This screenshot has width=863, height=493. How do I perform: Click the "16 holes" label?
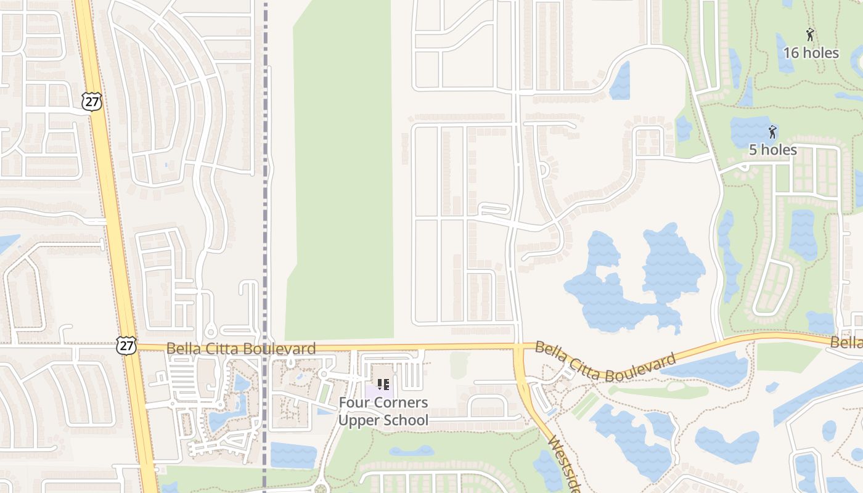click(811, 53)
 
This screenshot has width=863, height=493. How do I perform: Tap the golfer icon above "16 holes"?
click(810, 35)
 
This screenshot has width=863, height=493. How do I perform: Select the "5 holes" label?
click(772, 150)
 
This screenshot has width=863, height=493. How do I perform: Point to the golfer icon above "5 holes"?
click(772, 131)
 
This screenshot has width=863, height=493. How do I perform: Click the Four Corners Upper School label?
click(383, 412)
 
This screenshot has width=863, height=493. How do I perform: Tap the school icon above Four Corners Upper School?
click(383, 385)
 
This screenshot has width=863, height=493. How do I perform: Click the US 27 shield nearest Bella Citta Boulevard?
click(126, 345)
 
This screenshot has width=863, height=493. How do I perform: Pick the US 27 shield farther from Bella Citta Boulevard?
click(92, 102)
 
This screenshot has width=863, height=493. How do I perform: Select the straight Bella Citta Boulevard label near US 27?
click(241, 349)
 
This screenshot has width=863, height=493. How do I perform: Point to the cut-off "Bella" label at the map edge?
click(847, 343)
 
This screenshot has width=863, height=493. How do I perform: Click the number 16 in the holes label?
click(791, 53)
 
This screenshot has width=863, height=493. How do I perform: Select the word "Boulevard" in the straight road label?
click(283, 349)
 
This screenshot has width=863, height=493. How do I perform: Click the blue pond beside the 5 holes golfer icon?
click(749, 130)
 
